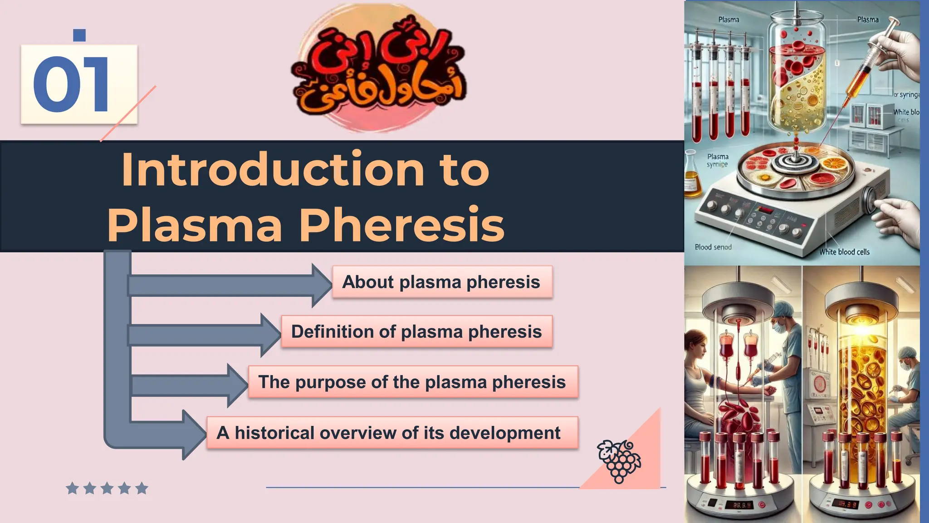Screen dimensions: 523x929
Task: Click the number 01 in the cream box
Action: [71, 84]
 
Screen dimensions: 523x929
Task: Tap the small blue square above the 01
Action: [79, 35]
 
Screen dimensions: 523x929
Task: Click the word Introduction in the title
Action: [272, 170]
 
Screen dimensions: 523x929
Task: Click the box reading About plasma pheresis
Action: [442, 282]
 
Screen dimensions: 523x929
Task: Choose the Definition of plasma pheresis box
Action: [416, 332]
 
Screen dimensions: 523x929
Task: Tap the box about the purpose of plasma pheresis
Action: [413, 382]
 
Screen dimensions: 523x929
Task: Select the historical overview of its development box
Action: [392, 433]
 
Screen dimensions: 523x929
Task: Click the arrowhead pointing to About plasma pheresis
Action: [321, 286]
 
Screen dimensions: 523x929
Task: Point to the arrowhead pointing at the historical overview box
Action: [194, 434]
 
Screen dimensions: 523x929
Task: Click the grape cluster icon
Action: [619, 460]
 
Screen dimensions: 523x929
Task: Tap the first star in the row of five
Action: [72, 488]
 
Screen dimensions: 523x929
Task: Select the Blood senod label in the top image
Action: [713, 247]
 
